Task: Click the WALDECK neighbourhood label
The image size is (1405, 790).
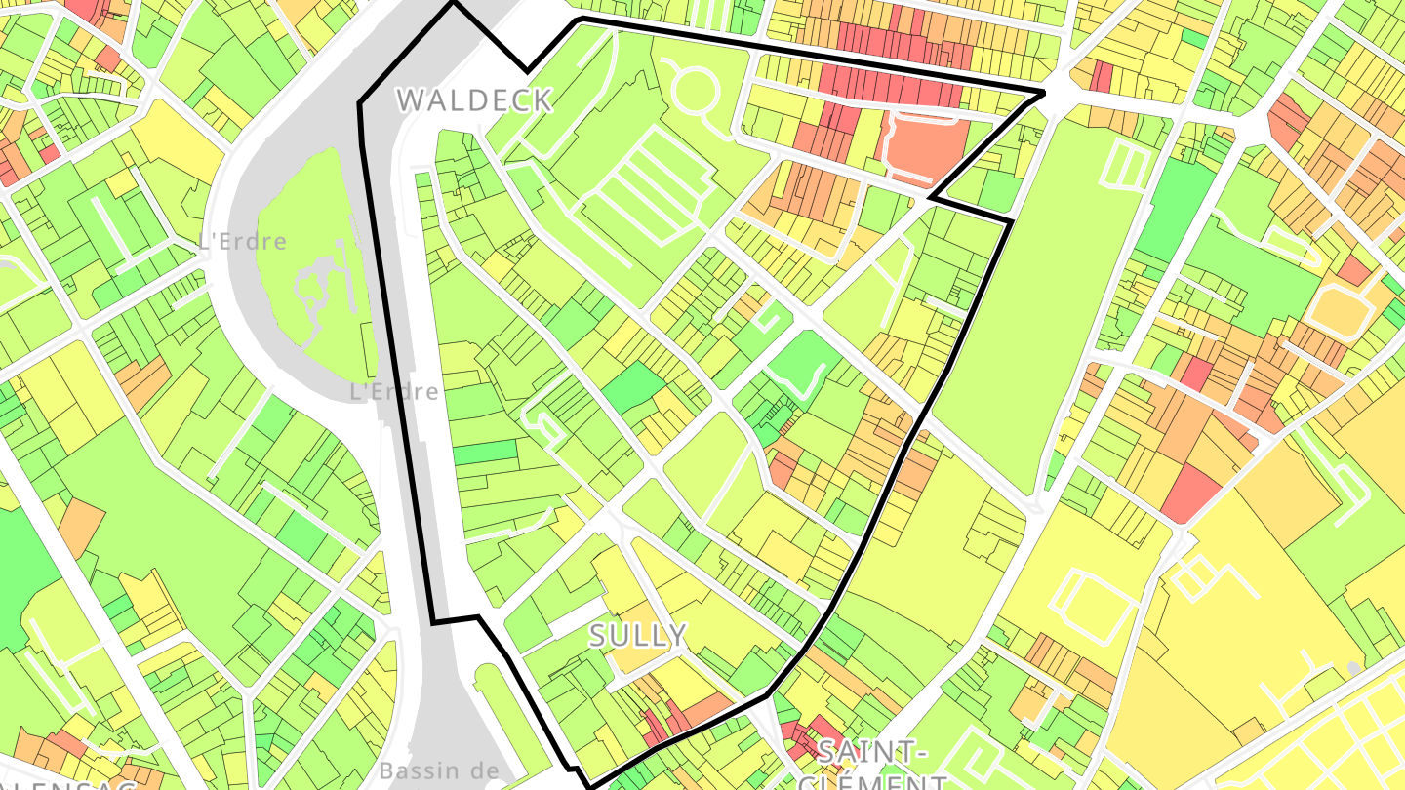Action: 474,99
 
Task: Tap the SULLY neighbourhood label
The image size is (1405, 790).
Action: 638,636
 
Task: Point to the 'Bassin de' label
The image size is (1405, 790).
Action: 438,770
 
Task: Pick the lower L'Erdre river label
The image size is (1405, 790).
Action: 394,391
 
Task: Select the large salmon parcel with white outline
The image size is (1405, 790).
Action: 921,147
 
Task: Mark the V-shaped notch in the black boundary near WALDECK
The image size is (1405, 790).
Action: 527,69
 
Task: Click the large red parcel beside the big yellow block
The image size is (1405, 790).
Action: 1191,493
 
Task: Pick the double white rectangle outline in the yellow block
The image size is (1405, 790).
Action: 1094,605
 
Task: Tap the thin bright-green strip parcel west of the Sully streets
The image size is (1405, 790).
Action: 485,452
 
